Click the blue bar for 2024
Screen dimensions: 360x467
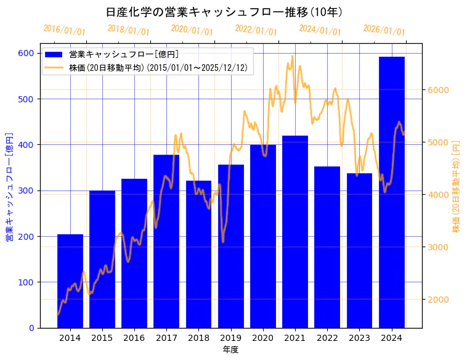point(392,192)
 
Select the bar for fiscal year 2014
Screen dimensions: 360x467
point(70,281)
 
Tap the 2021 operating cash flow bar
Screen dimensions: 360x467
point(295,232)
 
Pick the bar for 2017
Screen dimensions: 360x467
point(166,241)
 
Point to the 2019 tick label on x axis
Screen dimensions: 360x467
point(230,337)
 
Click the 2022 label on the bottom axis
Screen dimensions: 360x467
point(327,337)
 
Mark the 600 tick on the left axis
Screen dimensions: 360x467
point(26,53)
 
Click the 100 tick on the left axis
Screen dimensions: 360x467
point(26,282)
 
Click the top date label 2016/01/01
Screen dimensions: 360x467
point(65,30)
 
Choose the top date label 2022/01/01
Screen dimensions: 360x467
point(256,30)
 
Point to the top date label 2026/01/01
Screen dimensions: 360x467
point(384,30)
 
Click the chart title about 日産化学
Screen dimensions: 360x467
point(224,12)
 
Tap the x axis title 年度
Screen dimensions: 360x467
point(230,350)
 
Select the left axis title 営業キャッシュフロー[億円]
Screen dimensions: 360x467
point(9,187)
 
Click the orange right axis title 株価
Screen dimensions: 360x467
point(457,186)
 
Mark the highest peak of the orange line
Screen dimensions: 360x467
point(292,56)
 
